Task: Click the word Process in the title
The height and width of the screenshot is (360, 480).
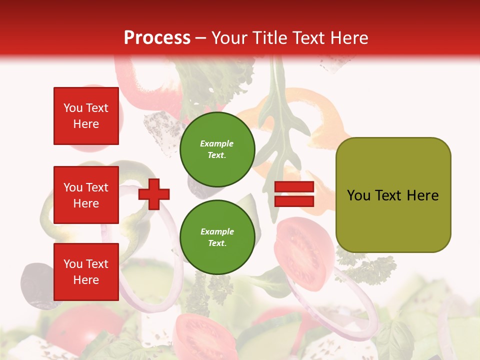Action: (x=157, y=37)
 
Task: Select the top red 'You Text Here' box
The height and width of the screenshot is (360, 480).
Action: (x=86, y=116)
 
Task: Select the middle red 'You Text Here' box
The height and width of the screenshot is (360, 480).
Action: (x=86, y=195)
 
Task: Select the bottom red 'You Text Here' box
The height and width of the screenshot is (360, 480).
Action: (x=86, y=271)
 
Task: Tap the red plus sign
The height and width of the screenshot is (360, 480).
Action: (x=154, y=193)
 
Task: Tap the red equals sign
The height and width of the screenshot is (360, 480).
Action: (x=294, y=194)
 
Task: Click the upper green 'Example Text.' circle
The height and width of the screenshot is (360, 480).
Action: (x=217, y=149)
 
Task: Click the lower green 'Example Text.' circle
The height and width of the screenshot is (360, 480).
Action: (x=217, y=237)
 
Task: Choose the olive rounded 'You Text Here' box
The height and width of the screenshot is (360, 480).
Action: (x=393, y=195)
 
